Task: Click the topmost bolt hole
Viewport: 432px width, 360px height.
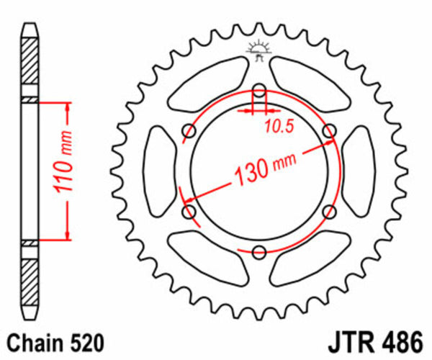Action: coord(259,91)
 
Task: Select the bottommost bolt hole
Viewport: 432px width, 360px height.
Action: coord(259,251)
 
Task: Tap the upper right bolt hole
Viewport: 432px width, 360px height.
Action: coord(329,131)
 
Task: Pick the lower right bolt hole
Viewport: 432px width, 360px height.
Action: coord(329,211)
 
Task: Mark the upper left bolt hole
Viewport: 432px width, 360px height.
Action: coord(190,131)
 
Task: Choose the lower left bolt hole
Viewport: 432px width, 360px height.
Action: coord(190,211)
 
